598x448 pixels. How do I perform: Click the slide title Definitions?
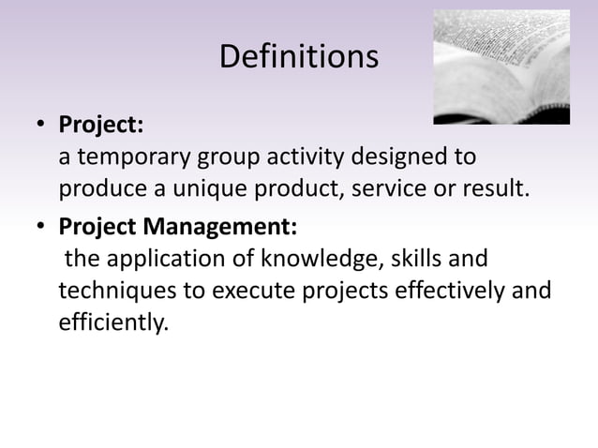tap(299, 57)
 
